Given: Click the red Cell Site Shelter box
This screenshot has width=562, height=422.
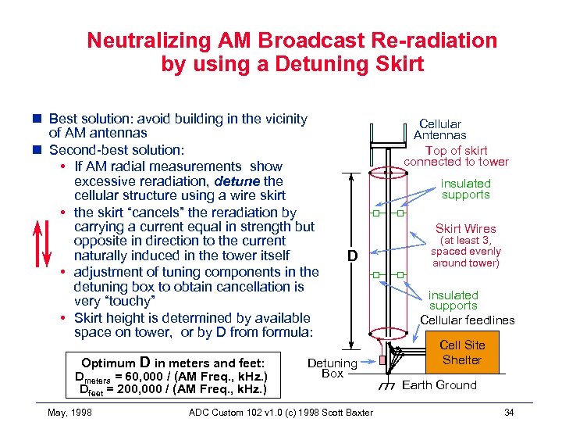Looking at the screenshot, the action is click(x=462, y=352).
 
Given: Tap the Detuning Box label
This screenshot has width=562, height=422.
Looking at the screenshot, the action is click(x=332, y=368).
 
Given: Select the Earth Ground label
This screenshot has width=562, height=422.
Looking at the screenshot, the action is click(x=439, y=384).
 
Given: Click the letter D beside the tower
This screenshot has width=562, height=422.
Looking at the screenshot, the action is click(x=352, y=256).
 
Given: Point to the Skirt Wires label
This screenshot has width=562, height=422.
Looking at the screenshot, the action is click(x=465, y=229).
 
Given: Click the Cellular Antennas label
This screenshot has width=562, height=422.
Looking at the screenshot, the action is click(x=439, y=129).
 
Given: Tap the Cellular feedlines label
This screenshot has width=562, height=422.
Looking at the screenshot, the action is click(x=468, y=320).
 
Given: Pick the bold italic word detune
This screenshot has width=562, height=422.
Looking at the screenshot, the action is click(x=237, y=181).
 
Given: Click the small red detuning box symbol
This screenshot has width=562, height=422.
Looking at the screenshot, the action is click(x=382, y=360).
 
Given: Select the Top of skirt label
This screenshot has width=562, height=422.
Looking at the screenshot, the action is click(x=456, y=150).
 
